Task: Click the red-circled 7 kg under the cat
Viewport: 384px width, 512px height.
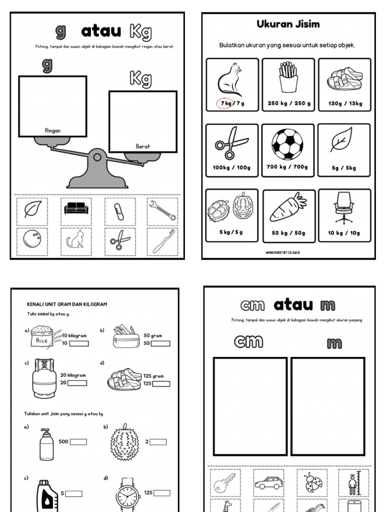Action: [x=224, y=103]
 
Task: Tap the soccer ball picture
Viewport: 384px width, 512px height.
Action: [x=287, y=144]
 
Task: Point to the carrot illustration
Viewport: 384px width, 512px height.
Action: [x=287, y=207]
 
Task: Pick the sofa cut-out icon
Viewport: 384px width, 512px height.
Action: [x=76, y=209]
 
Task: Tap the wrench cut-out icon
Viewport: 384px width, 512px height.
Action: [x=162, y=211]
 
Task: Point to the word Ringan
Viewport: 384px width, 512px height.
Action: [x=52, y=130]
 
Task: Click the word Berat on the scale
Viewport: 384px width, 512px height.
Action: [x=143, y=146]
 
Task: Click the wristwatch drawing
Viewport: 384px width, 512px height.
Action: [x=128, y=495]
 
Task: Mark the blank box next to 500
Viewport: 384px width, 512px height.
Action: [x=78, y=442]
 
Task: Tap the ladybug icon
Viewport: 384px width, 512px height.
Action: [x=312, y=483]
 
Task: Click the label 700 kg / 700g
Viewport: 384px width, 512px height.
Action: [x=287, y=167]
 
